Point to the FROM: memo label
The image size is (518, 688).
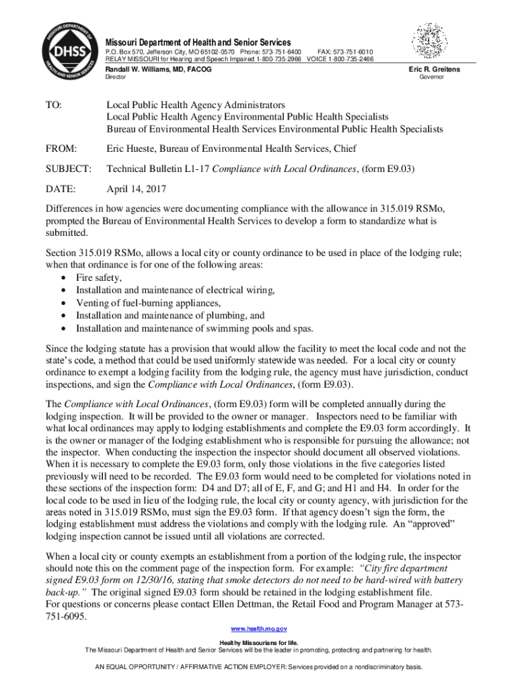coord(61,148)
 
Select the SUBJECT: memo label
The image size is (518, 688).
coord(67,169)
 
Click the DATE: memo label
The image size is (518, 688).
coord(60,189)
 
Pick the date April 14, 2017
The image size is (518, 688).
coord(137,189)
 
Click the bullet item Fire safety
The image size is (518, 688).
coord(99,277)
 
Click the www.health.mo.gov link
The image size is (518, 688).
coord(259,628)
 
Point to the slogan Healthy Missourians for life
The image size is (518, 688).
coord(259,643)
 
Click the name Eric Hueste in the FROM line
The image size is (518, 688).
coord(133,148)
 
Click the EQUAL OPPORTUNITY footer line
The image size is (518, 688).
coord(259,668)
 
